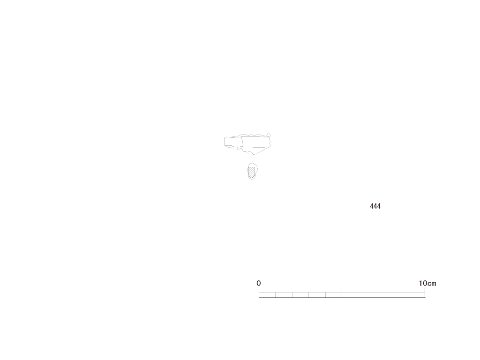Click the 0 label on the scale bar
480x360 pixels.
click(x=259, y=283)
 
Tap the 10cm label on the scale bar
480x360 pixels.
click(x=427, y=283)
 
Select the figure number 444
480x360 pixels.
click(x=375, y=206)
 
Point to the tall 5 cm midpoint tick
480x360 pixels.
click(x=342, y=293)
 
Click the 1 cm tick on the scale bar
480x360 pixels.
click(x=276, y=295)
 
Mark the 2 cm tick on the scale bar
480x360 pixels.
click(x=292, y=295)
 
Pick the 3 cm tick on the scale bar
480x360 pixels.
click(x=308, y=295)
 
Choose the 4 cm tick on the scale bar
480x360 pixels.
click(x=325, y=295)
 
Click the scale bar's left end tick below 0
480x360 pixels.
click(x=259, y=292)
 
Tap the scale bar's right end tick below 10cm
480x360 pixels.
click(x=425, y=292)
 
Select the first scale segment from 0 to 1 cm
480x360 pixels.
click(x=267, y=295)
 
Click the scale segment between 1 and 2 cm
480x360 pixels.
click(x=284, y=295)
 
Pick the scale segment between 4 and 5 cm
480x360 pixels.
click(x=334, y=295)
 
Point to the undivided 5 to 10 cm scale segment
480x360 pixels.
click(x=383, y=295)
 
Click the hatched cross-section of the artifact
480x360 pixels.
click(x=251, y=172)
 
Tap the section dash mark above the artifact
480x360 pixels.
click(x=251, y=128)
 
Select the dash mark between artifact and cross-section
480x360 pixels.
click(x=251, y=158)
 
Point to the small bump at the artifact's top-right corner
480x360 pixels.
click(x=269, y=135)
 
